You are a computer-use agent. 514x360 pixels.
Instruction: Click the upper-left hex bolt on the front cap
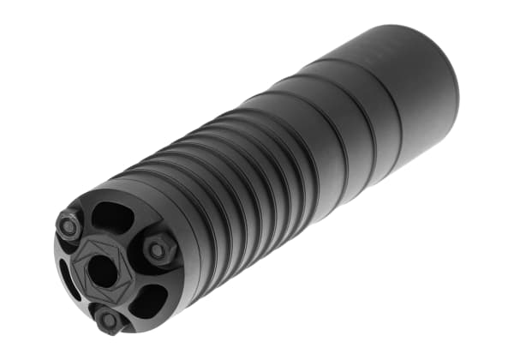tap(69, 226)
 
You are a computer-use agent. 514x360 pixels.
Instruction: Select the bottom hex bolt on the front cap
tap(109, 320)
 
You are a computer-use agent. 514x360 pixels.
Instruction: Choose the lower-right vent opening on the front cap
tap(148, 299)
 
